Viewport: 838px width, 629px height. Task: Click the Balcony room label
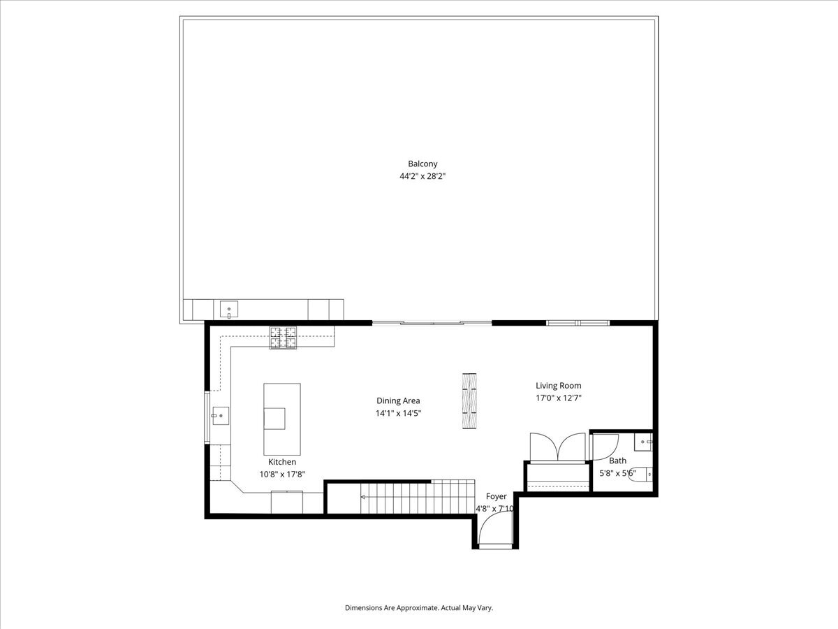(x=418, y=164)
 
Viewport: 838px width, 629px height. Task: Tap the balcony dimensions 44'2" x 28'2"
(x=418, y=177)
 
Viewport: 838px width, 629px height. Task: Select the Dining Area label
(x=398, y=400)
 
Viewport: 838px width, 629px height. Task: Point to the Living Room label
(x=558, y=385)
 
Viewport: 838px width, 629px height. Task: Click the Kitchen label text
(x=282, y=462)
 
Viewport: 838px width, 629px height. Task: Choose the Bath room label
(x=617, y=461)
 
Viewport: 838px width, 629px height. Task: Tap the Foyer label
(x=497, y=496)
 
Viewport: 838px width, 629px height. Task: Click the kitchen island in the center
(x=281, y=419)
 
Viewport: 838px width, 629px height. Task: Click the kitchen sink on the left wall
(x=219, y=416)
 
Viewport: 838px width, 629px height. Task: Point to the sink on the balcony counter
(x=229, y=308)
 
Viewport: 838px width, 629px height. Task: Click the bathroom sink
(x=644, y=442)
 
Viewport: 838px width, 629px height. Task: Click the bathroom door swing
(x=604, y=446)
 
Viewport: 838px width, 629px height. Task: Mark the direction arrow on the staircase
(x=364, y=497)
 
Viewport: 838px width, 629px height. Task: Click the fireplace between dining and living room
(x=471, y=401)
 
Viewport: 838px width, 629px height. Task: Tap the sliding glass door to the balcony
(x=432, y=323)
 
